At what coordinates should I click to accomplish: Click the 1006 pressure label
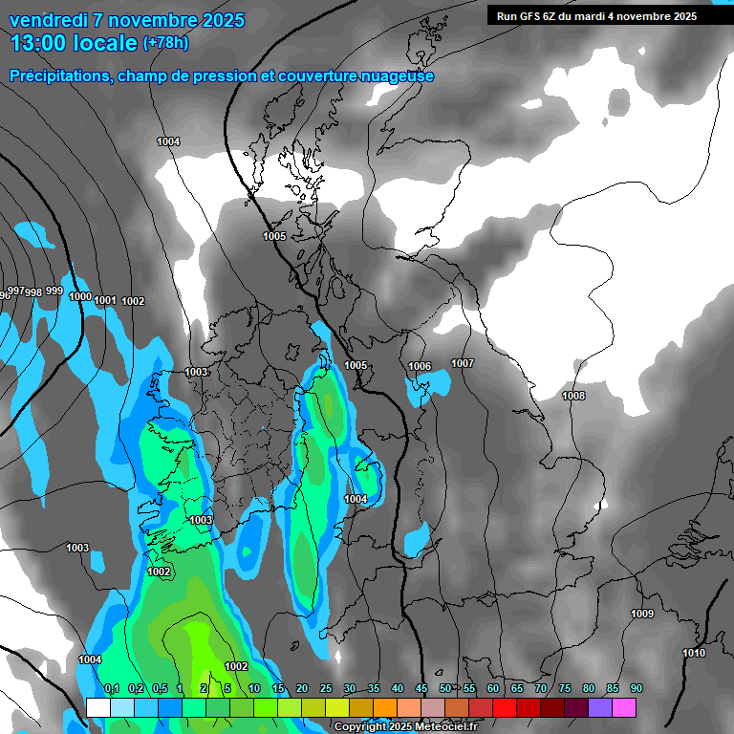click(x=420, y=367)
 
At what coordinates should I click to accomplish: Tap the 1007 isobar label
click(x=463, y=363)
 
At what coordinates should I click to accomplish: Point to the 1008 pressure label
click(x=573, y=396)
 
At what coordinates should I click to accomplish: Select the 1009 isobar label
click(x=642, y=614)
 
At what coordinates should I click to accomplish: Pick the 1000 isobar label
click(x=80, y=297)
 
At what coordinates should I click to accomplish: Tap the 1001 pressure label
click(x=105, y=301)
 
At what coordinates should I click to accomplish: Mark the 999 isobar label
click(x=54, y=291)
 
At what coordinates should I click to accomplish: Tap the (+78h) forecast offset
click(x=165, y=43)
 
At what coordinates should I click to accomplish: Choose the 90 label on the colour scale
click(x=636, y=689)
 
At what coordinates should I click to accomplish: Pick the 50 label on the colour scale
click(x=445, y=689)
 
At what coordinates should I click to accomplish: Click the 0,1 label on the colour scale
click(x=112, y=689)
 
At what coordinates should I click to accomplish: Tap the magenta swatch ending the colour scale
click(x=624, y=707)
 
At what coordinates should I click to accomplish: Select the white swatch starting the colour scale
click(x=98, y=707)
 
